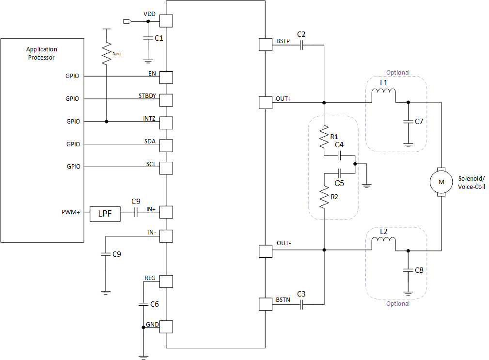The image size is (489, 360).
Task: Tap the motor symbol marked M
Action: coord(441,182)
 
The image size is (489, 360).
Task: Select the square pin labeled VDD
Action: coord(166,21)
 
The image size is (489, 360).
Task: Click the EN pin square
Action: coord(166,77)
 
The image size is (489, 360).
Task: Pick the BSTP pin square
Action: coord(266,45)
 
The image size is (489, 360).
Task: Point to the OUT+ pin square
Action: coord(266,102)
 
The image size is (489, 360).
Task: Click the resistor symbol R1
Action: coord(323,138)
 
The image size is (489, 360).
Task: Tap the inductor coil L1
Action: coord(383,96)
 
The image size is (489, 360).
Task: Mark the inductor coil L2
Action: coord(383,244)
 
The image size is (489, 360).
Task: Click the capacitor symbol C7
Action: coord(408,121)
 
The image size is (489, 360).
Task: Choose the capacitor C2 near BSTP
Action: coord(301,45)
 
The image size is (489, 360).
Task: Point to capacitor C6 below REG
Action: coord(143,304)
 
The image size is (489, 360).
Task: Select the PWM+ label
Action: coord(71,212)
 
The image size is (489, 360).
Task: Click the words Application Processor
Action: coord(41,53)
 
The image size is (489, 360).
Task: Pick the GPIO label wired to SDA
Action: coord(73,144)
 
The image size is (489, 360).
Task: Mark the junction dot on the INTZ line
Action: coord(106,121)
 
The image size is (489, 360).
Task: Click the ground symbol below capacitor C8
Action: coord(408,292)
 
